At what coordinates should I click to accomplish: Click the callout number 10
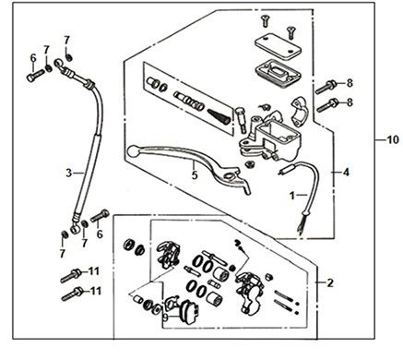391,140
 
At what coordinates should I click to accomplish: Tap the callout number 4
346,173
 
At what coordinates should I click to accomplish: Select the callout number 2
330,282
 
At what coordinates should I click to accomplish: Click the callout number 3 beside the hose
69,173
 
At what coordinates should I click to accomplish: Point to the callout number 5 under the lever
195,175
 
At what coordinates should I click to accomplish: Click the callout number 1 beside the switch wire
292,195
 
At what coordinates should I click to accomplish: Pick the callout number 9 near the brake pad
165,318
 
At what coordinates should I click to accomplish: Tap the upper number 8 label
350,83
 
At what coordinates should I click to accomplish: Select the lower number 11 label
95,291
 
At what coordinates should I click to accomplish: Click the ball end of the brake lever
133,150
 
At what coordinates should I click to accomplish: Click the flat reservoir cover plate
278,46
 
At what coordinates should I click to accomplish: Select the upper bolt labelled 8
326,87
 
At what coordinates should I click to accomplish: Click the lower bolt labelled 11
72,294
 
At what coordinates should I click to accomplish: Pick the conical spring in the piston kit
219,116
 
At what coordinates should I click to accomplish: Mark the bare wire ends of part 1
299,228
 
